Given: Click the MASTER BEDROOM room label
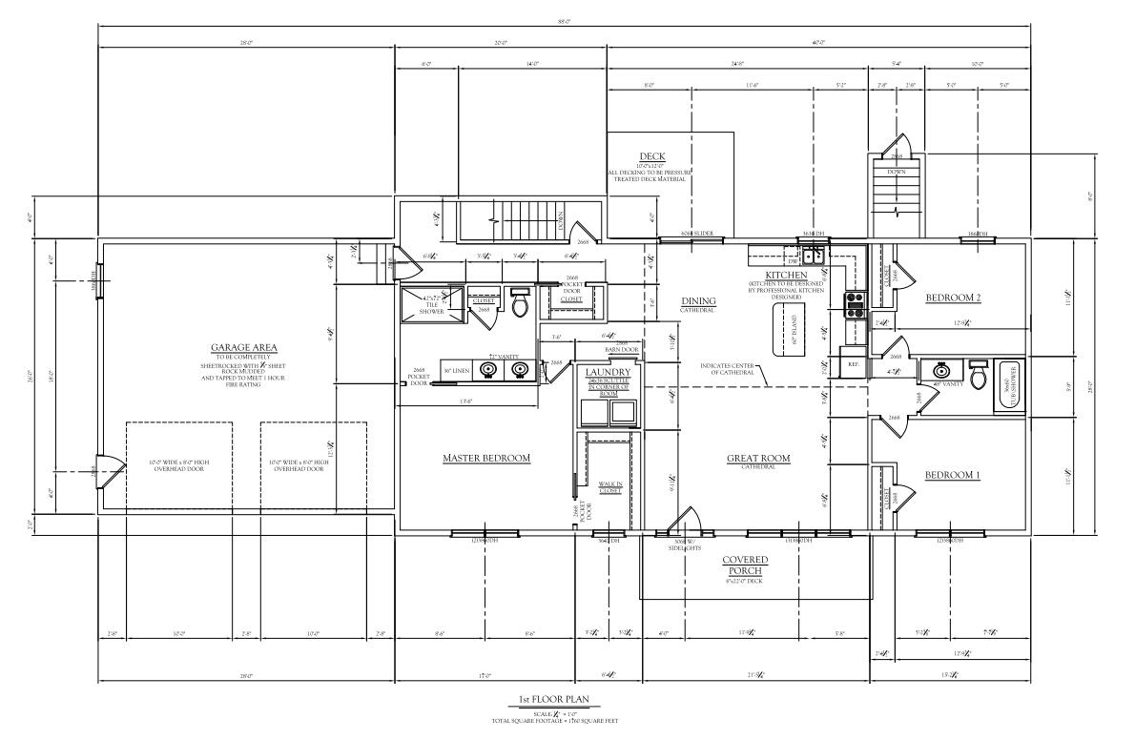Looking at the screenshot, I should point(485,459).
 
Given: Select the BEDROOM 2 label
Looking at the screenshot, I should point(953,298).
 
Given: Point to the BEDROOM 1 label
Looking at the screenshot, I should point(953,475).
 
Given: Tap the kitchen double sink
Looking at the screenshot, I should point(814,256).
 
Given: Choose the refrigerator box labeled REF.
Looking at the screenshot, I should point(854,363).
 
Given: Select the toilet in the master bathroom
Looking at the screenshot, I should point(520,304).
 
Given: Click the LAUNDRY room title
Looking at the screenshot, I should point(608,372).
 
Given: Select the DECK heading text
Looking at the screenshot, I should point(652,157).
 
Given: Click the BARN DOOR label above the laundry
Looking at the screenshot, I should point(620,350).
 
